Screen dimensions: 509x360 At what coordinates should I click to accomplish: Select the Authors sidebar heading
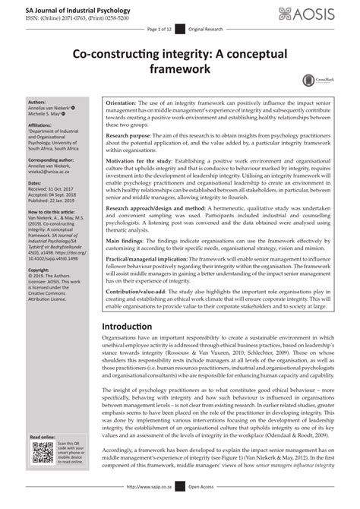tap(36, 101)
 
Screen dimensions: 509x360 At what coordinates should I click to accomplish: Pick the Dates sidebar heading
tap(35, 183)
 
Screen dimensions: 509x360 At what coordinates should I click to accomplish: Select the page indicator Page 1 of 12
tap(160, 27)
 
